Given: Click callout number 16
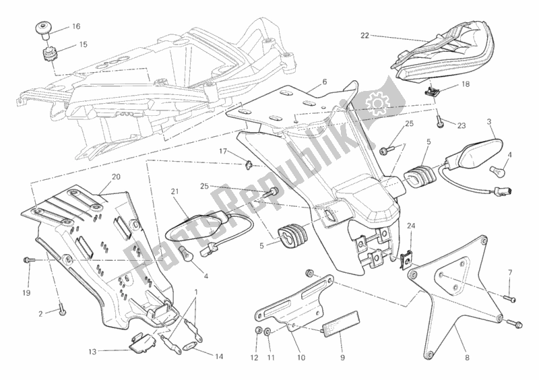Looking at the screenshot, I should [x=75, y=26].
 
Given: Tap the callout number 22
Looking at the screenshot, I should [x=364, y=35].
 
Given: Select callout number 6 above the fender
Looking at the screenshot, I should [x=324, y=82].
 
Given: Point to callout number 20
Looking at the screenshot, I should [x=115, y=177].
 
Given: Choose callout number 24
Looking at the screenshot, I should [x=411, y=226].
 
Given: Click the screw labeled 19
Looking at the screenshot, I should [x=27, y=259].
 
